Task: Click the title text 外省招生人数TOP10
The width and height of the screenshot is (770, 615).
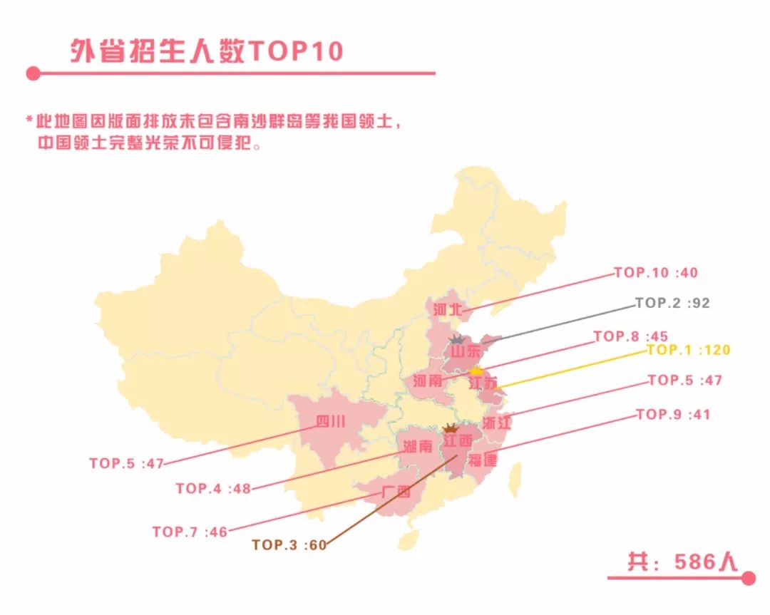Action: pyautogui.click(x=207, y=51)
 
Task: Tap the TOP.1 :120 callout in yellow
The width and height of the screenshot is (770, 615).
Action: pyautogui.click(x=688, y=350)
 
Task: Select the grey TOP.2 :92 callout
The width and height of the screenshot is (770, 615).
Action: pyautogui.click(x=672, y=303)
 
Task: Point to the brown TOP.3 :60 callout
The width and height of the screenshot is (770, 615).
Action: pyautogui.click(x=289, y=545)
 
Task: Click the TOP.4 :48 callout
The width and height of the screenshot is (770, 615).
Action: pyautogui.click(x=213, y=489)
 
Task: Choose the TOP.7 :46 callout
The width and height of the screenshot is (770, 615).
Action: pyautogui.click(x=190, y=532)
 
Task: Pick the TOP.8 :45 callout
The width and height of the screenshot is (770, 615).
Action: pyautogui.click(x=630, y=336)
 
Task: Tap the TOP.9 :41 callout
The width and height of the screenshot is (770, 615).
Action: pyautogui.click(x=672, y=415)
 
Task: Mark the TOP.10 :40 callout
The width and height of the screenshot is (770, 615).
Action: pyautogui.click(x=655, y=273)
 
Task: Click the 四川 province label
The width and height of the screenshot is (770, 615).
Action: pyautogui.click(x=331, y=422)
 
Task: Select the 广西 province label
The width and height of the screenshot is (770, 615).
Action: pyautogui.click(x=396, y=492)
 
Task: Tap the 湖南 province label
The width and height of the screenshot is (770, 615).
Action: pyautogui.click(x=418, y=448)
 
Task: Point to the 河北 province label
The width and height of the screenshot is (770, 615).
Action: pyautogui.click(x=448, y=310)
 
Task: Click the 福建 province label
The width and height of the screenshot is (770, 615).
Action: pyautogui.click(x=483, y=460)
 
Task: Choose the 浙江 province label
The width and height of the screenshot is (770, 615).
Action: pyautogui.click(x=497, y=423)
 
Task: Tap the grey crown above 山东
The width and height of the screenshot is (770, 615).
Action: pyautogui.click(x=456, y=340)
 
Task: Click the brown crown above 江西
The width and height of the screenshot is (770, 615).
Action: pyautogui.click(x=451, y=429)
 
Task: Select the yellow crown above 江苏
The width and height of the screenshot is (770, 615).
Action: pyautogui.click(x=476, y=371)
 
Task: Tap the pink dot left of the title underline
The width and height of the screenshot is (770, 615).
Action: pyautogui.click(x=33, y=73)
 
